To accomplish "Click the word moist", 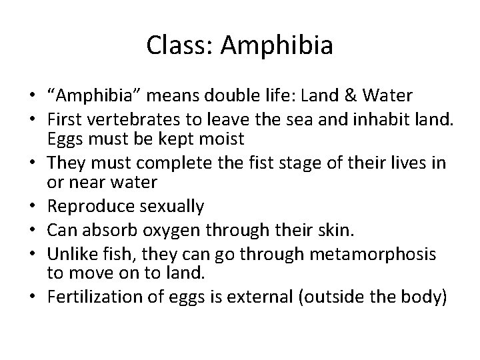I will [x=225, y=139].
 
